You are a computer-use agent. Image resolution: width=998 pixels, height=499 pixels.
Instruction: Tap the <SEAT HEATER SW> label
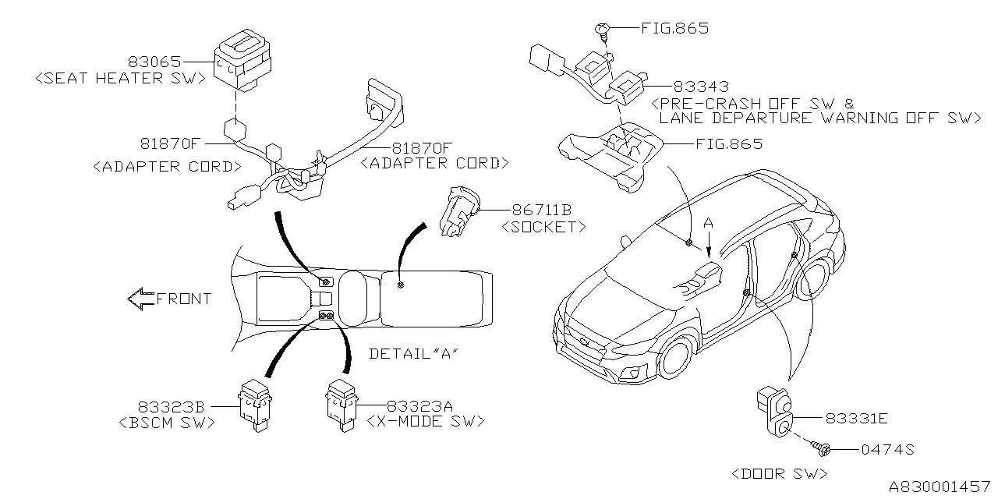click(x=120, y=78)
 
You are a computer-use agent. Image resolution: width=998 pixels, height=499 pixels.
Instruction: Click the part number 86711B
click(x=542, y=210)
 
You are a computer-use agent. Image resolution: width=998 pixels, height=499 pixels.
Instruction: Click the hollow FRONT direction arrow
click(x=141, y=299)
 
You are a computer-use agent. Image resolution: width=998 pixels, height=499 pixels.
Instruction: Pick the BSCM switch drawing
click(x=256, y=403)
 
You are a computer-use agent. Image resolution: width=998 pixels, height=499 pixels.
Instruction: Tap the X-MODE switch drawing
click(x=342, y=403)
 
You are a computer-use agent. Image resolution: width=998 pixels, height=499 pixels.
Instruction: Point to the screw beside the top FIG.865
click(x=603, y=30)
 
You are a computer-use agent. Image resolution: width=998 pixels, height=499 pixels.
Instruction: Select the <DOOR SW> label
click(x=780, y=473)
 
